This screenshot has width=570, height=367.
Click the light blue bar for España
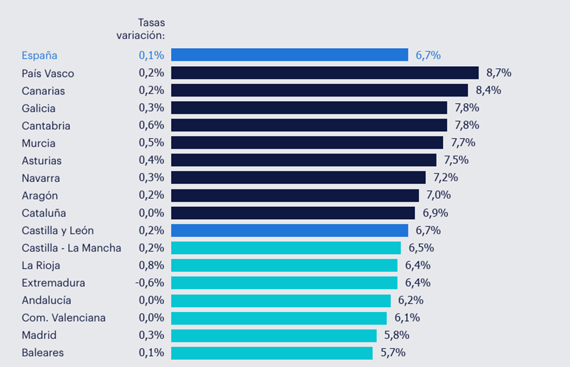[x=289, y=55]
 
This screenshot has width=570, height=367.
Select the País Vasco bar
[x=324, y=73]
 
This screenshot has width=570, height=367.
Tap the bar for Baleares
[x=272, y=353]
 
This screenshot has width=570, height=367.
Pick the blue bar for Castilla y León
[x=289, y=230]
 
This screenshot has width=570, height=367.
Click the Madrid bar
[x=274, y=335]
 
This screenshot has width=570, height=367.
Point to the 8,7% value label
[x=499, y=73]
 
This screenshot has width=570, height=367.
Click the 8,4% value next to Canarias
[x=488, y=90]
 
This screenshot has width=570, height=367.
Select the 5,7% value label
[x=393, y=353]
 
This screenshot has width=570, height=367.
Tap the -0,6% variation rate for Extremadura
[x=150, y=283]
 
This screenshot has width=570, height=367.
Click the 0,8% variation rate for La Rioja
[x=152, y=265]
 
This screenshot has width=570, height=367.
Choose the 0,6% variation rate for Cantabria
[x=152, y=125]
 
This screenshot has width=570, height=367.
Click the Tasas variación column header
[x=141, y=29]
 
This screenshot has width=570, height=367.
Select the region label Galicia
[x=38, y=108]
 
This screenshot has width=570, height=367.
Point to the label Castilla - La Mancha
[x=71, y=248]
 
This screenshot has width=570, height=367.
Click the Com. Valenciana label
[x=64, y=318]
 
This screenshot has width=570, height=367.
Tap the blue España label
[x=39, y=55]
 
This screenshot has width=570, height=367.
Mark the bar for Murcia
[x=307, y=143]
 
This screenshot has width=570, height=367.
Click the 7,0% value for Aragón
[x=438, y=195]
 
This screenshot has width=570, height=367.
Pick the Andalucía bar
[x=281, y=300]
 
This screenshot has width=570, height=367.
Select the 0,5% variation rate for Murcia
[x=152, y=143]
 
